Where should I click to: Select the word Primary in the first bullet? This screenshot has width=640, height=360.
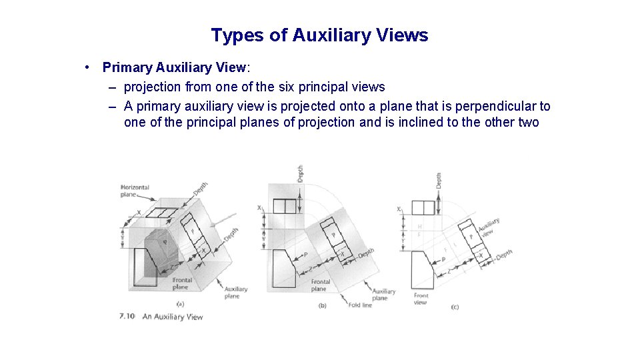coord(127,67)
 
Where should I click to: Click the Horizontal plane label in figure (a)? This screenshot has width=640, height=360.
coord(135,191)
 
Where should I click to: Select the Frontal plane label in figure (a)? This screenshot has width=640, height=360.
coord(182,283)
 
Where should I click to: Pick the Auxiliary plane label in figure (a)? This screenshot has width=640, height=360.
coord(236,292)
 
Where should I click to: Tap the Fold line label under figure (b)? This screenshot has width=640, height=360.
coord(361,305)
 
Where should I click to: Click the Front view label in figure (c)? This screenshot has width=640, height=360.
coord(421,299)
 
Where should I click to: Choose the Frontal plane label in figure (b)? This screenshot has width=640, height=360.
coord(319,285)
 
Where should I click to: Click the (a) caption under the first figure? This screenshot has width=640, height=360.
coord(180,304)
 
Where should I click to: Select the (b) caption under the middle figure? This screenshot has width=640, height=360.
coord(322,305)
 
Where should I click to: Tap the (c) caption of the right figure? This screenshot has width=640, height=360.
coord(455,306)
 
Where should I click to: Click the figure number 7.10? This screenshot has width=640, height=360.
coord(127,316)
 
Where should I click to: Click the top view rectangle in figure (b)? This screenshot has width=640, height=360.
coord(284,207)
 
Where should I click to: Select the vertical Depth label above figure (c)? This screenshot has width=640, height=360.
coord(439,179)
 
